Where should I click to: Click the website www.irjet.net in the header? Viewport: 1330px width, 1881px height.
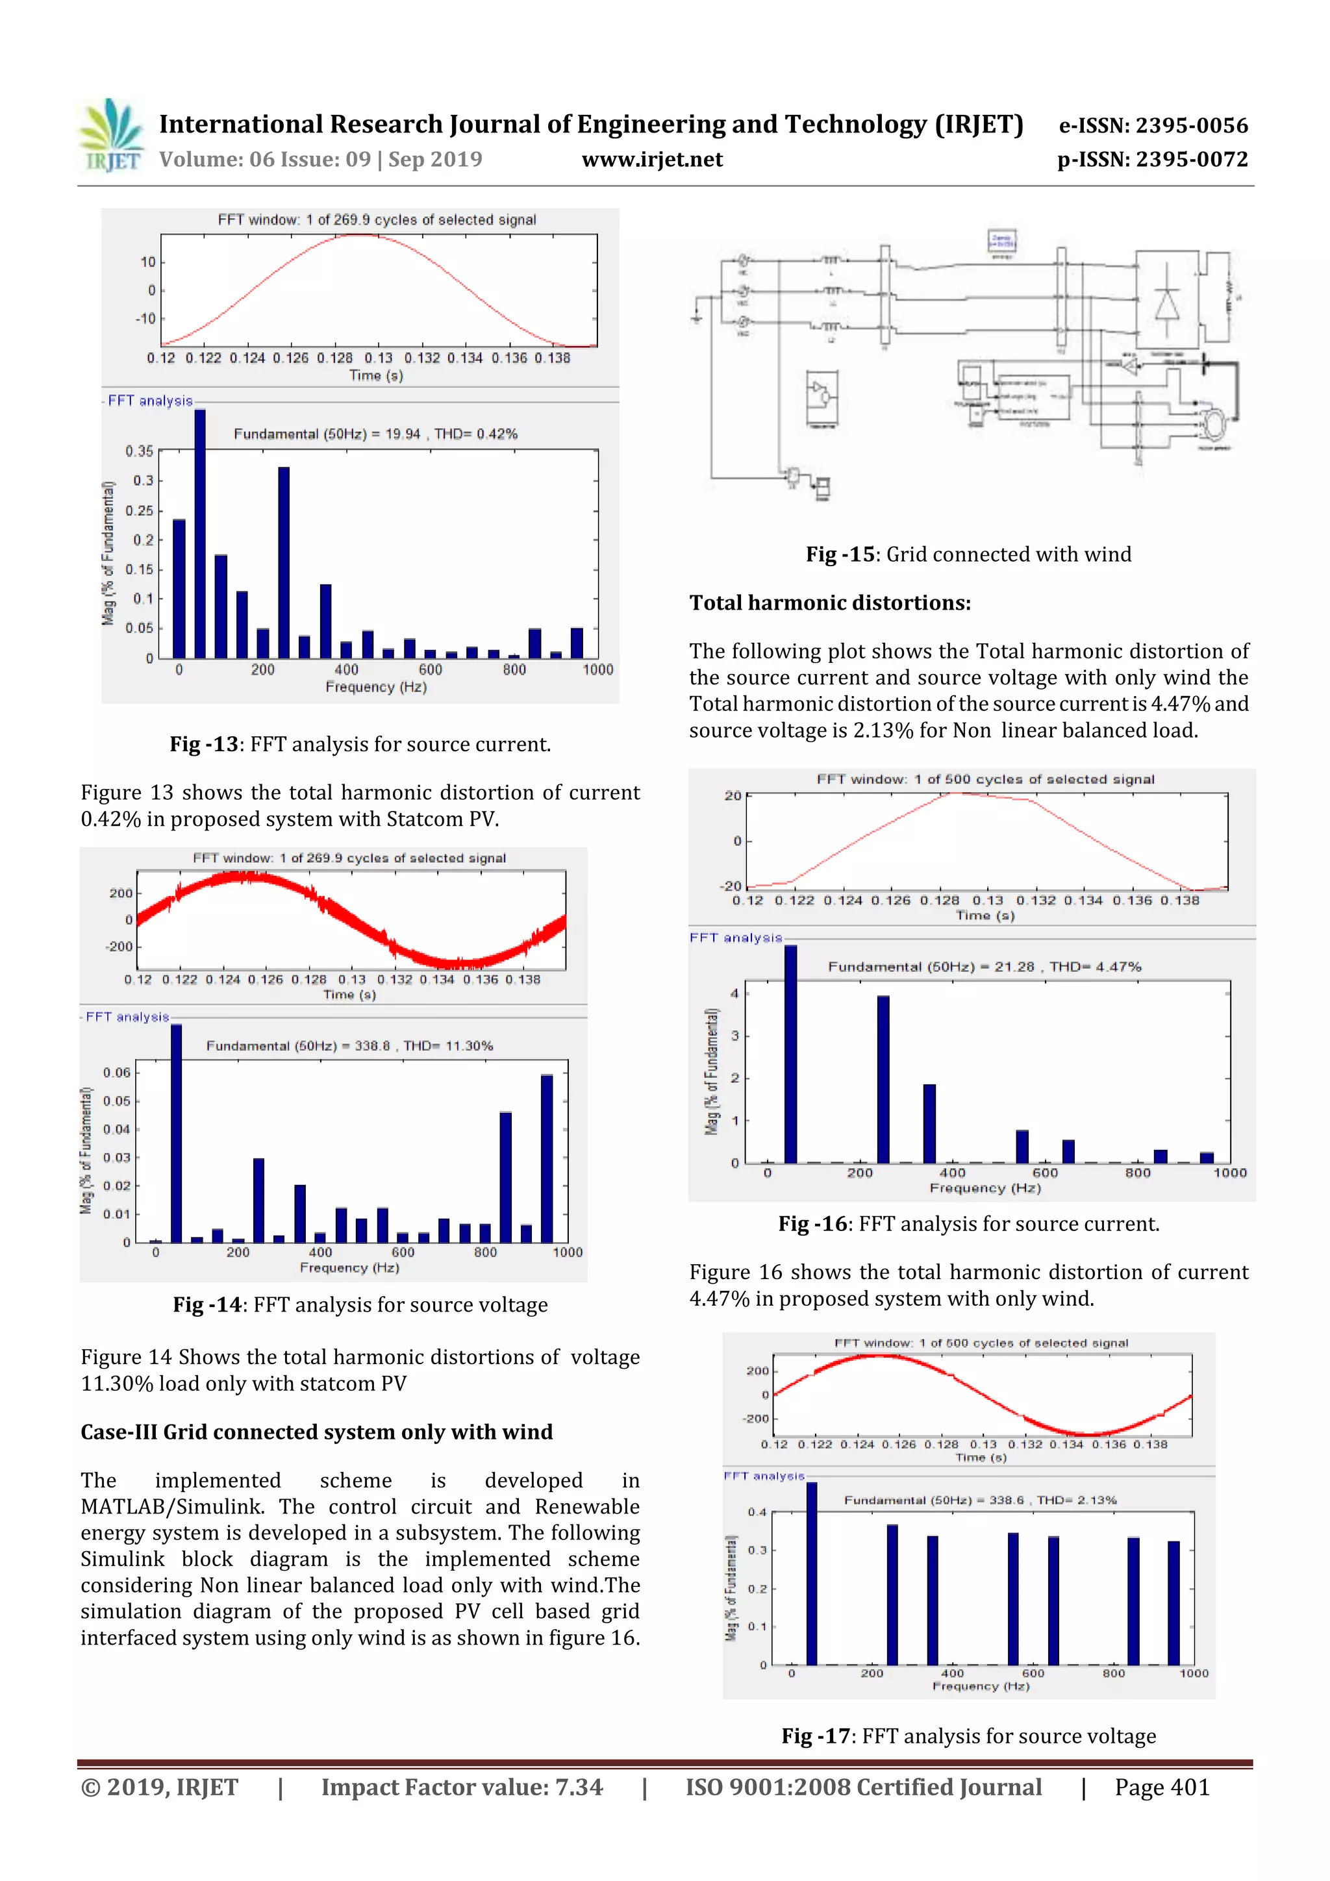click(x=651, y=159)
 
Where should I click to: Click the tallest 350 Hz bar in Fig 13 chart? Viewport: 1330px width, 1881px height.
click(x=284, y=562)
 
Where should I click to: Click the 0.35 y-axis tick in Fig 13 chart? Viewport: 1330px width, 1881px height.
click(x=140, y=451)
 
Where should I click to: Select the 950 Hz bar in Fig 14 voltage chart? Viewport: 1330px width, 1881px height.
click(x=547, y=1158)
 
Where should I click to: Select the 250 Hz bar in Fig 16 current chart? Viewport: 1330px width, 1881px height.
click(x=883, y=1079)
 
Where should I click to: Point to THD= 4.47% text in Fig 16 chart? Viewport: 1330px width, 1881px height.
click(x=1095, y=967)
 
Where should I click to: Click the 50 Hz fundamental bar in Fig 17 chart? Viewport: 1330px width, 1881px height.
click(x=811, y=1574)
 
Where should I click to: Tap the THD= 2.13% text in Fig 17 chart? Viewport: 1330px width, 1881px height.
click(x=1076, y=1500)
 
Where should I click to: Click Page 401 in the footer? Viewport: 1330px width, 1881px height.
click(x=1161, y=1787)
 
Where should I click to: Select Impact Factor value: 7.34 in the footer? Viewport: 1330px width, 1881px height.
click(x=461, y=1787)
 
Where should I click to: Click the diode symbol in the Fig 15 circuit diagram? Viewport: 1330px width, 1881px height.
click(x=1167, y=305)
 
